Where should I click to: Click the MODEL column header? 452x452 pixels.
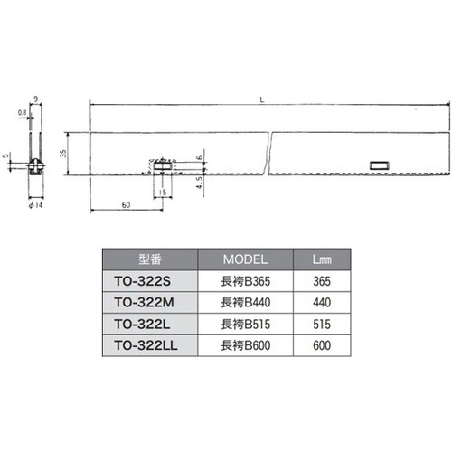pos(245,259)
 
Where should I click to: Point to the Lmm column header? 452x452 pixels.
pos(322,259)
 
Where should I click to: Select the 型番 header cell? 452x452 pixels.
pos(150,259)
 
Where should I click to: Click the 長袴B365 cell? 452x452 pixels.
pos(246,281)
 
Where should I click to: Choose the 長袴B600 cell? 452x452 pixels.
pos(246,345)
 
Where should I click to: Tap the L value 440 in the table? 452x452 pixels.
pos(322,303)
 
